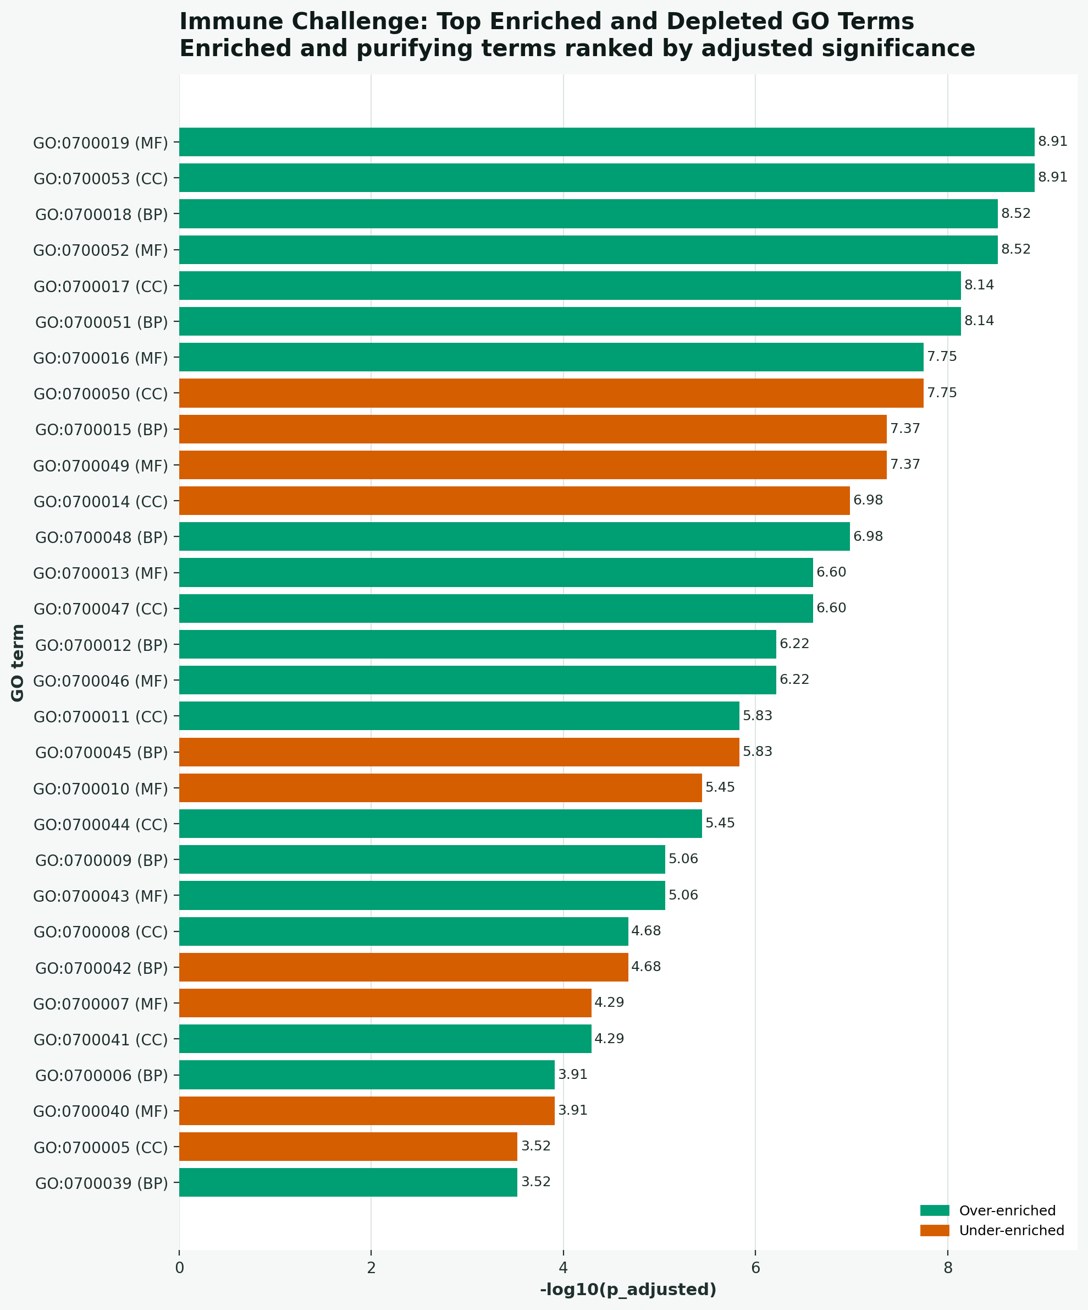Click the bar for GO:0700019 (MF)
(x=606, y=142)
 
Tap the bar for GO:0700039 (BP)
(x=348, y=1182)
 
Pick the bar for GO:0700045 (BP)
(x=459, y=752)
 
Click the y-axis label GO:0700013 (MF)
(x=101, y=573)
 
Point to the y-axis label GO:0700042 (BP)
(x=102, y=968)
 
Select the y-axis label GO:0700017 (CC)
(x=101, y=286)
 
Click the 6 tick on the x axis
(x=755, y=1268)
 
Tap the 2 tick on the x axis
(x=371, y=1268)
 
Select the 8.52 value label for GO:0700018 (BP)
(x=1015, y=213)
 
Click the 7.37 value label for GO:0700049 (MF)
(x=905, y=464)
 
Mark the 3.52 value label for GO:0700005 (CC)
(x=535, y=1146)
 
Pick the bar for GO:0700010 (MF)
(x=440, y=788)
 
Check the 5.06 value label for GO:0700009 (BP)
(x=683, y=859)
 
